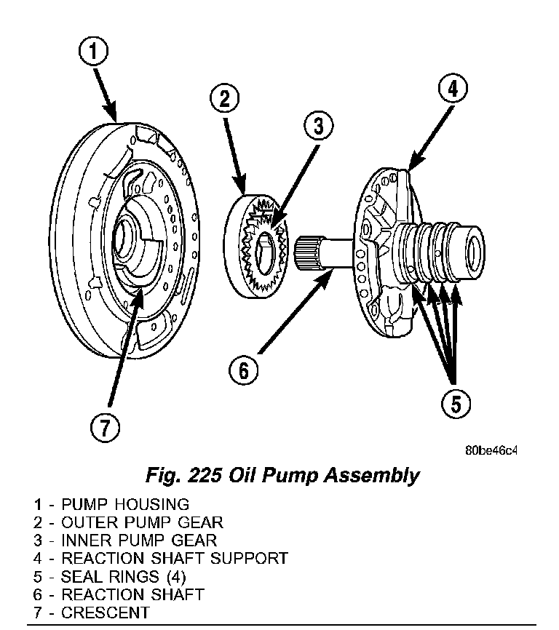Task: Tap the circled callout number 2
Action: pyautogui.click(x=225, y=99)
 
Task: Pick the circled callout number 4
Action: pyautogui.click(x=452, y=90)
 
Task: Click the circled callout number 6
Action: pyautogui.click(x=243, y=370)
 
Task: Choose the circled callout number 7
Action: pyautogui.click(x=106, y=428)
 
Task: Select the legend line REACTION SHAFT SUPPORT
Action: pyautogui.click(x=160, y=559)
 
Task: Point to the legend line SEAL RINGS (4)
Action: pyautogui.click(x=109, y=577)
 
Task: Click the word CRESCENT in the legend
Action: pyautogui.click(x=105, y=613)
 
